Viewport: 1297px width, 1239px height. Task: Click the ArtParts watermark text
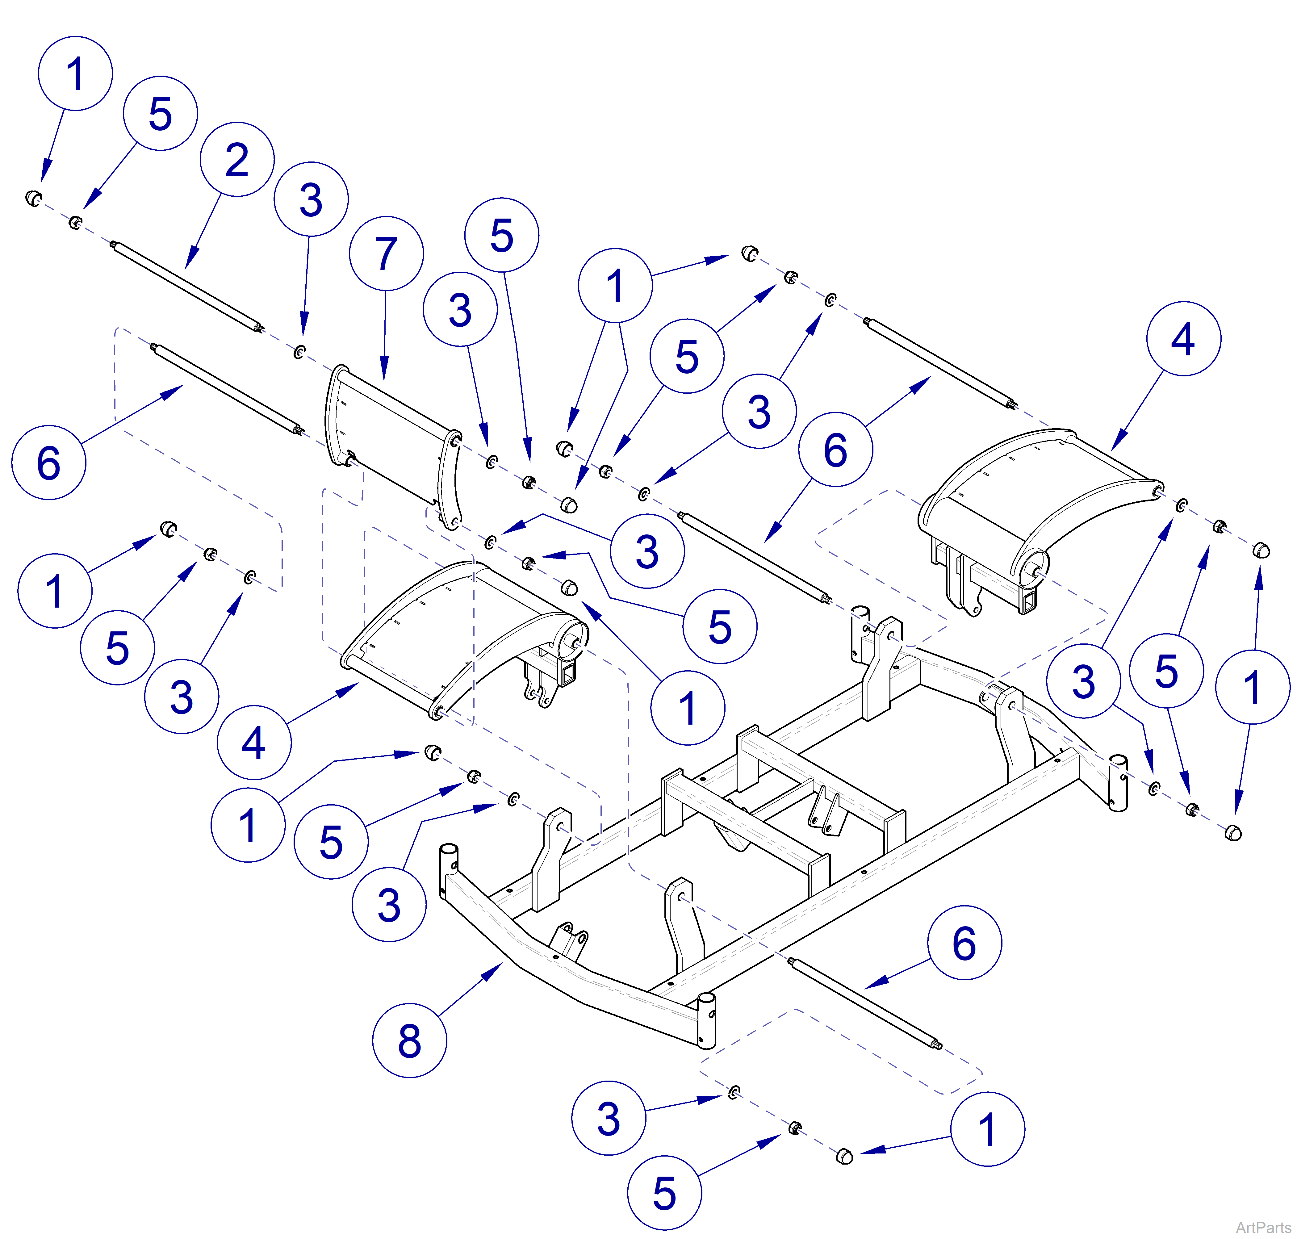coord(1263,1227)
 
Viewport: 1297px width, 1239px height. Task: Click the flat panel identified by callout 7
coord(390,436)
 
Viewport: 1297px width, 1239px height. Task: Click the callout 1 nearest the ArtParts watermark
coord(987,1129)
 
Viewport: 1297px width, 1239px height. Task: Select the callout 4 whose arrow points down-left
coord(1183,339)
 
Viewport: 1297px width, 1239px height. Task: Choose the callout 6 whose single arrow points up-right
coord(48,462)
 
